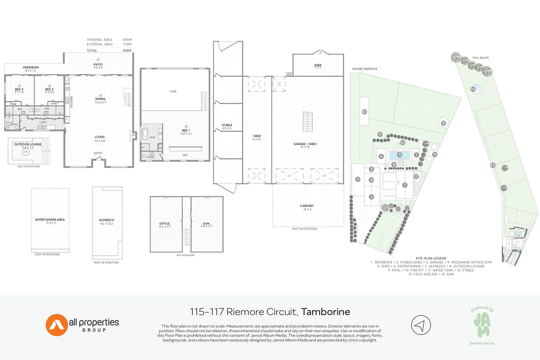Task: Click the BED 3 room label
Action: tap(19, 89)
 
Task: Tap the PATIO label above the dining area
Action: tap(98, 65)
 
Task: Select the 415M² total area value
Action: tap(127, 51)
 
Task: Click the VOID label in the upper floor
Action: tap(173, 91)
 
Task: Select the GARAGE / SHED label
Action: tap(305, 144)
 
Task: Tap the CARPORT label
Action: tap(307, 206)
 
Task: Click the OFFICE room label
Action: tap(165, 224)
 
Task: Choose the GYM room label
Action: tap(206, 224)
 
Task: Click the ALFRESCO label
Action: tap(107, 220)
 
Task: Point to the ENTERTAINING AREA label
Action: tap(50, 220)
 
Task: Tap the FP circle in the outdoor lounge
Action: tap(26, 152)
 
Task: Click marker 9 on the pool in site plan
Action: tap(400, 155)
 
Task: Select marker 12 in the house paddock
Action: tap(364, 112)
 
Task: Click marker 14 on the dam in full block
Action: tap(473, 89)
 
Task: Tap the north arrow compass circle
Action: tap(421, 325)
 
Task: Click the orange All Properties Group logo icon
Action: tap(57, 325)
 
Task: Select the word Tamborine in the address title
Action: tap(325, 312)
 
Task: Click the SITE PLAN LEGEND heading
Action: tap(431, 258)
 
